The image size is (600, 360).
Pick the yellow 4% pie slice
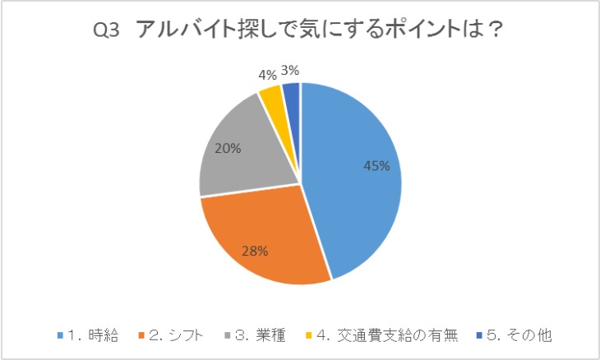(270, 100)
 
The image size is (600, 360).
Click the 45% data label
(376, 165)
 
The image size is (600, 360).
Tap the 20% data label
(228, 149)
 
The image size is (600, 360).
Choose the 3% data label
(289, 70)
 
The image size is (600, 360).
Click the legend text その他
(528, 335)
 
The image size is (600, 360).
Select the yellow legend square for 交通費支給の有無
(308, 335)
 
